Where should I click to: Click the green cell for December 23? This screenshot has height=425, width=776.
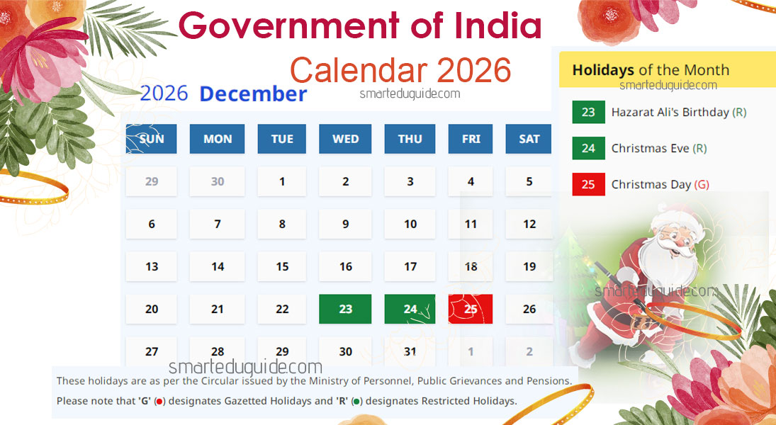pyautogui.click(x=346, y=310)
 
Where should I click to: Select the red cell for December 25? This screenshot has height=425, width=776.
pyautogui.click(x=471, y=310)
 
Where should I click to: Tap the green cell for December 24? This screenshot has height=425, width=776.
pyautogui.click(x=410, y=310)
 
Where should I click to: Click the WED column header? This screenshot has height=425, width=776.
pyautogui.click(x=346, y=139)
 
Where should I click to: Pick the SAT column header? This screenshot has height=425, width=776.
pyautogui.click(x=529, y=139)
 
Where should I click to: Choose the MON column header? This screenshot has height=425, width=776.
pyautogui.click(x=218, y=139)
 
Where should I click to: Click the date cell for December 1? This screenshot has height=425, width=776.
pyautogui.click(x=282, y=181)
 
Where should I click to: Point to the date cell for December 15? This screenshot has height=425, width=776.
pyautogui.click(x=282, y=267)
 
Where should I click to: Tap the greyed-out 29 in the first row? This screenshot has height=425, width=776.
pyautogui.click(x=152, y=181)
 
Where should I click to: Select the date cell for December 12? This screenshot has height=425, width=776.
pyautogui.click(x=529, y=225)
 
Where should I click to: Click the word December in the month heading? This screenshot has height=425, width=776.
pyautogui.click(x=253, y=94)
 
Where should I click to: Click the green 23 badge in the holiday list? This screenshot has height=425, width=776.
pyautogui.click(x=588, y=112)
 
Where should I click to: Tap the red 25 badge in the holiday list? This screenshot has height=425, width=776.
pyautogui.click(x=588, y=184)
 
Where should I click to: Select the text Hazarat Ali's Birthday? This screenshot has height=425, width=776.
pyautogui.click(x=670, y=112)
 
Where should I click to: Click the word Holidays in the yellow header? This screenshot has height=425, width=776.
pyautogui.click(x=603, y=70)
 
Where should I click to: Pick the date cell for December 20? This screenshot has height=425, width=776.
pyautogui.click(x=152, y=310)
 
